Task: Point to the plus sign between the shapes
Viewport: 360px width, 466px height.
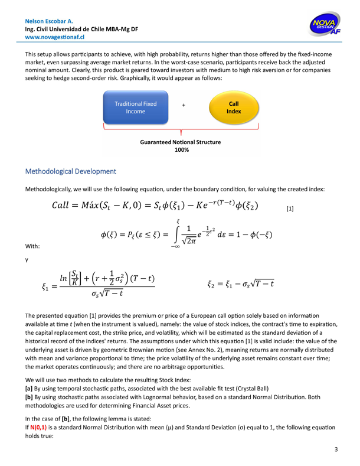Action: click(x=184, y=105)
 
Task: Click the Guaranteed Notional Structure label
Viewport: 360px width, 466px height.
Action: click(x=181, y=142)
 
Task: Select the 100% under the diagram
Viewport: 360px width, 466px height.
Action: click(x=181, y=151)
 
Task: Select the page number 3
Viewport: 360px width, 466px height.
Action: click(x=336, y=450)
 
